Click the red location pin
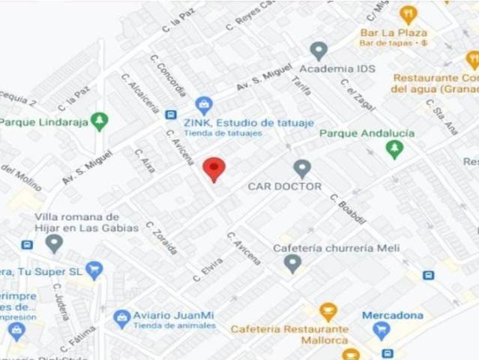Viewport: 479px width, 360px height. [x=214, y=169]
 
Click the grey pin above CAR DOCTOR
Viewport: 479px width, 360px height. [x=302, y=168]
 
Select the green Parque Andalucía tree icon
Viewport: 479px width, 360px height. [x=394, y=150]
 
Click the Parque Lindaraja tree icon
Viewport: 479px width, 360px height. [x=99, y=121]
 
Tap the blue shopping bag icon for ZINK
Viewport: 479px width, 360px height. [x=202, y=105]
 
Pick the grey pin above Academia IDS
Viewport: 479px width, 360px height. [x=319, y=51]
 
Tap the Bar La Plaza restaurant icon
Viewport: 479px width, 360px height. [x=408, y=14]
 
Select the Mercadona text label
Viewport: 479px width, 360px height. [x=393, y=315]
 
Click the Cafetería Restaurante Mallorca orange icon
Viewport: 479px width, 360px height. [x=328, y=310]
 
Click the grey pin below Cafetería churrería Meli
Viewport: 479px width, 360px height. [x=292, y=263]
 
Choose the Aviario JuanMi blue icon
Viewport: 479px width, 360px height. [x=121, y=319]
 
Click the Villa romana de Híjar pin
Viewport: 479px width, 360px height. [x=54, y=243]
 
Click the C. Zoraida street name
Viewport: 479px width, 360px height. [x=162, y=238]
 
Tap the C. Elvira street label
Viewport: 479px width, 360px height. [x=208, y=269]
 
